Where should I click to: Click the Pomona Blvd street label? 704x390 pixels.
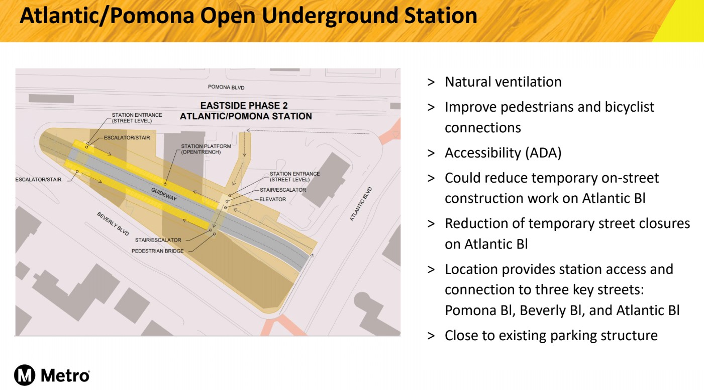[x=226, y=87]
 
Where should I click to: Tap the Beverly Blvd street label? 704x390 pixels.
[x=113, y=224]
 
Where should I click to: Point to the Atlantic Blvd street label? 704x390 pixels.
[x=361, y=204]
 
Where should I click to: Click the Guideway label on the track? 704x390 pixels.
[x=164, y=195]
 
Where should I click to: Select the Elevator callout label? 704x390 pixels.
[x=272, y=199]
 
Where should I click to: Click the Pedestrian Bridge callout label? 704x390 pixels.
[x=157, y=251]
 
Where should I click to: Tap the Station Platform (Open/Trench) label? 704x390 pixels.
[x=206, y=149]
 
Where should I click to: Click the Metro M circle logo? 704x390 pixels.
[x=25, y=375]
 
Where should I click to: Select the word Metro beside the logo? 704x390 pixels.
[x=65, y=375]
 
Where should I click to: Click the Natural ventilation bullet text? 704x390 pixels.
[x=503, y=82]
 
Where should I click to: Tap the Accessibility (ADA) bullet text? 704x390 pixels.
[x=503, y=153]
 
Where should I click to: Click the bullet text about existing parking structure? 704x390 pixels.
[x=551, y=336]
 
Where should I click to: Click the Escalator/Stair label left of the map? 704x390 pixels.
[x=38, y=180]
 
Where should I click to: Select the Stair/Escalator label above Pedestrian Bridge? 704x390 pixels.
[x=158, y=240]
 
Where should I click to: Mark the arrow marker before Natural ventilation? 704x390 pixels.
[x=431, y=82]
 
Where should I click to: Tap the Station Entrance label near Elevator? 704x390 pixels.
[x=295, y=177]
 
